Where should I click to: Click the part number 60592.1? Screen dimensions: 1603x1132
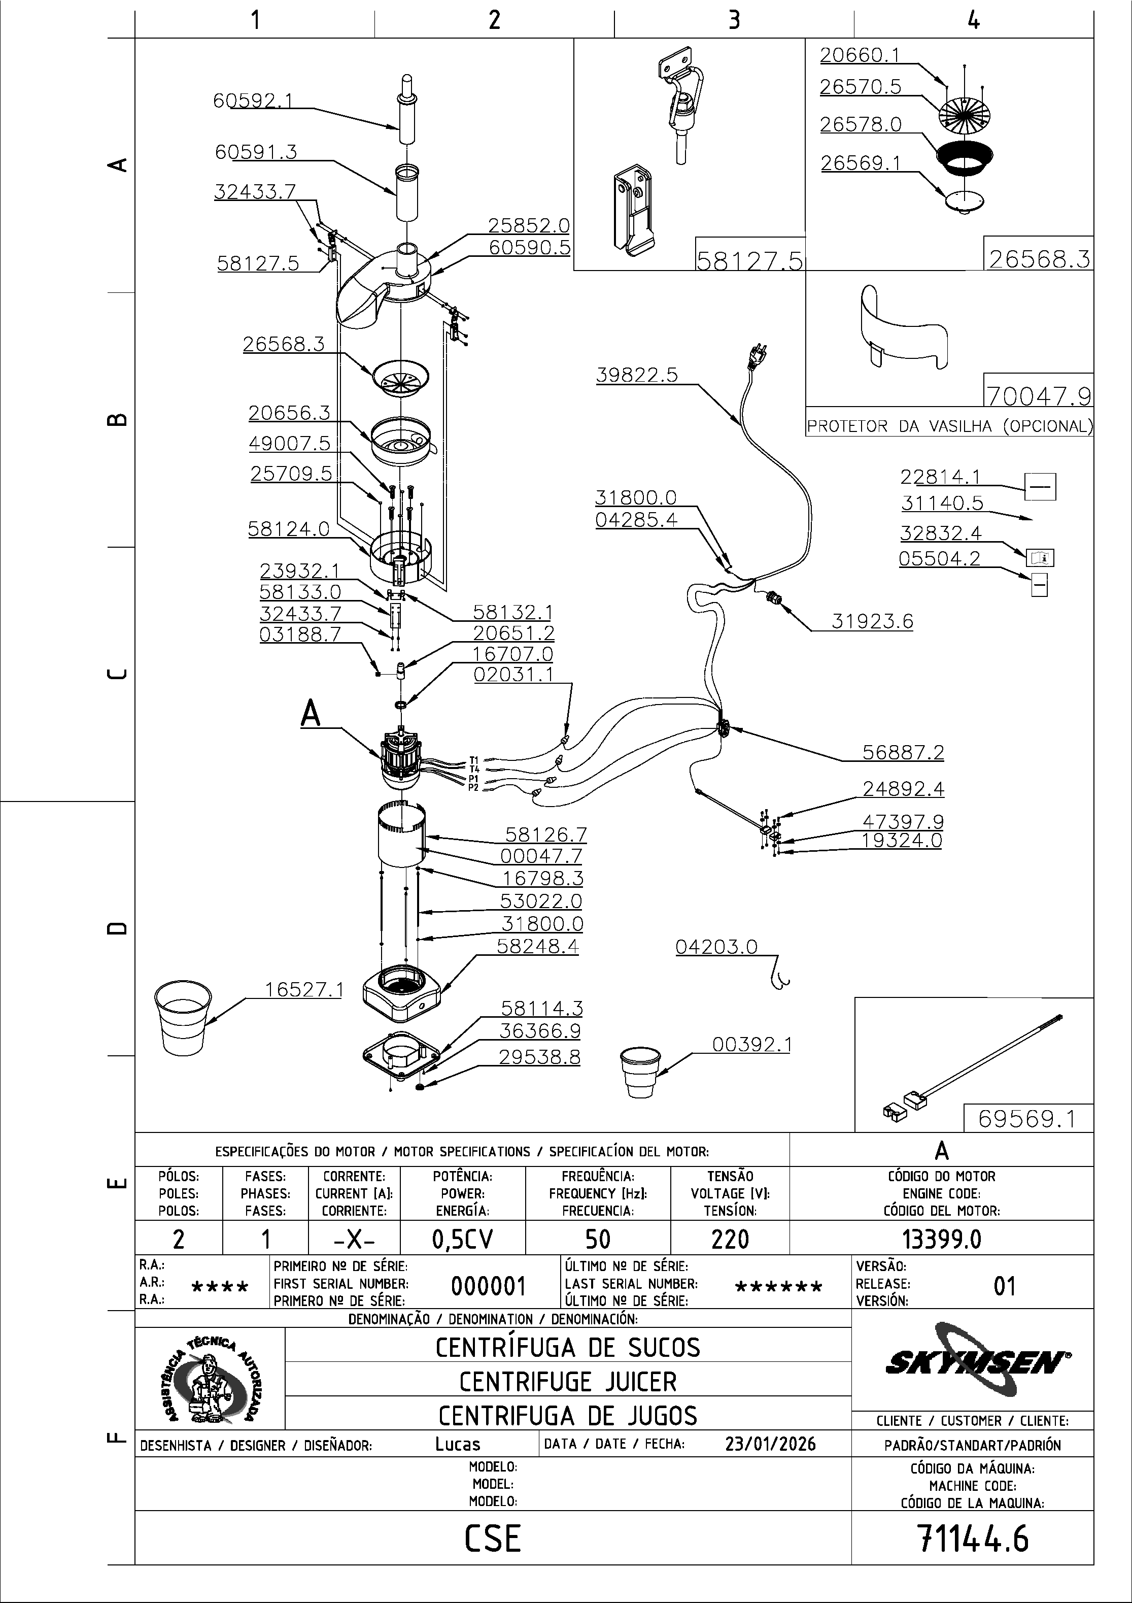[x=253, y=101]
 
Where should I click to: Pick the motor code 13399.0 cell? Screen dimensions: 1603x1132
[x=941, y=1239]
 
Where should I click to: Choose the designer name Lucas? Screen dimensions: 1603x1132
[x=457, y=1444]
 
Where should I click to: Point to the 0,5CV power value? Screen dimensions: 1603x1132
[x=462, y=1239]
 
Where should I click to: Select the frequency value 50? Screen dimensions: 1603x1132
[x=597, y=1239]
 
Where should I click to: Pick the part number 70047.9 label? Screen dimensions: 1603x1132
[x=1038, y=396]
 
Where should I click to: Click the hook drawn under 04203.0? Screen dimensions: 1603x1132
[x=779, y=978]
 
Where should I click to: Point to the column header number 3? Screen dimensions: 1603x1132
[x=734, y=20]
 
